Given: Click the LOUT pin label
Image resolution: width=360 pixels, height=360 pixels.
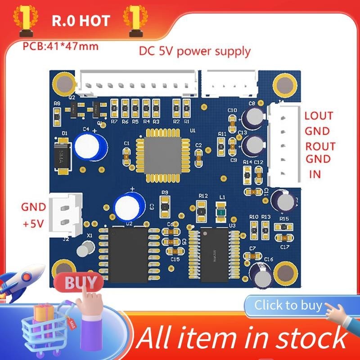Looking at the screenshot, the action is tap(319, 115).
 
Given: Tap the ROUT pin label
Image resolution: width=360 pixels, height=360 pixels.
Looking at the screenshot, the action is tap(320, 146).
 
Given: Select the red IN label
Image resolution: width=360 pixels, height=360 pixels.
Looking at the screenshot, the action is tap(315, 173).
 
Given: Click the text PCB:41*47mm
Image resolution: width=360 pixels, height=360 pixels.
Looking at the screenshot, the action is tap(60, 46).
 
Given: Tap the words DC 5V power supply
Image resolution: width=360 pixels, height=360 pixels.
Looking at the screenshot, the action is tap(194, 51).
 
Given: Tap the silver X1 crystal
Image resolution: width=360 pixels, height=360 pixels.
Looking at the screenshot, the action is tap(84, 249).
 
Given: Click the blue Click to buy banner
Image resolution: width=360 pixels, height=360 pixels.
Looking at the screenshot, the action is tap(288, 306).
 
